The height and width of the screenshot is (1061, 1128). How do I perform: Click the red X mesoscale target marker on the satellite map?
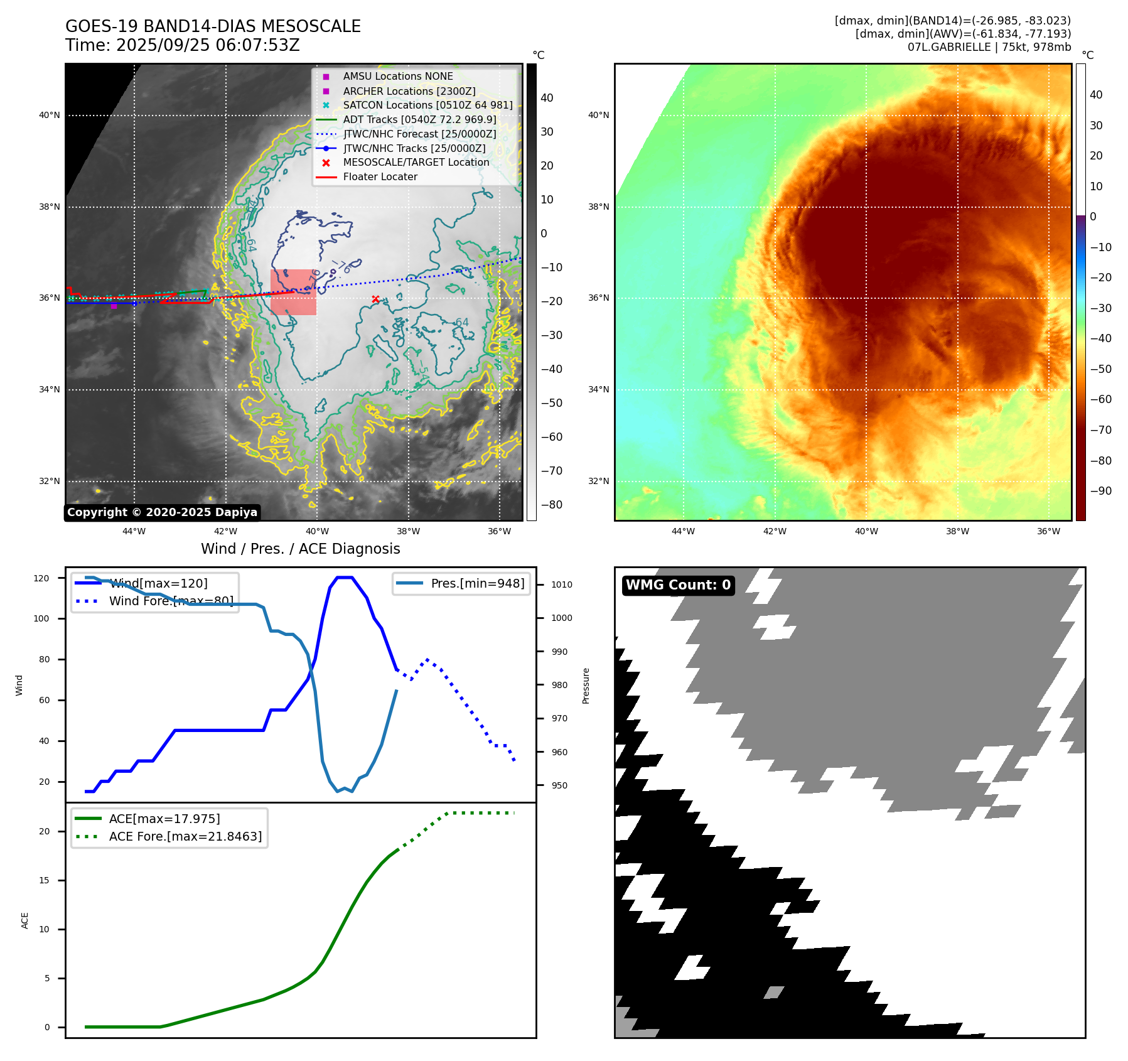[375, 299]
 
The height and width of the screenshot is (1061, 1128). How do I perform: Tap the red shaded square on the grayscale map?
[293, 292]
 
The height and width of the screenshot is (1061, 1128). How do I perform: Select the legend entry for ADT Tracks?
[419, 119]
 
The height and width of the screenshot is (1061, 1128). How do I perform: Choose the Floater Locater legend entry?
[380, 177]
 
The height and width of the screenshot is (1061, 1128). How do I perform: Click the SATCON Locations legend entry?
[427, 105]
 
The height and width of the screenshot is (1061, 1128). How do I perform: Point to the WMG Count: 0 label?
[678, 585]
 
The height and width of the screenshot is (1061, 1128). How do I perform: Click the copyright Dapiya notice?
[162, 512]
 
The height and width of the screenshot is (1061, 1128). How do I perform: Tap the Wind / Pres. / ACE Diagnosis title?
[300, 549]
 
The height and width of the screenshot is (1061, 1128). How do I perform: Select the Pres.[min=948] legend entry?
[477, 583]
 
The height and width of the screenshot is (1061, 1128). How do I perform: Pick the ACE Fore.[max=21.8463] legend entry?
[185, 836]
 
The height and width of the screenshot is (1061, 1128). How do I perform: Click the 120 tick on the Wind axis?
[41, 578]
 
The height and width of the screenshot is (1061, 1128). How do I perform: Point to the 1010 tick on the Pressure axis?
[562, 584]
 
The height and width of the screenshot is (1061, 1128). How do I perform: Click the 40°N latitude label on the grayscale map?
[50, 116]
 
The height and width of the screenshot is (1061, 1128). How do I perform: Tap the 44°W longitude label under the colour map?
[683, 531]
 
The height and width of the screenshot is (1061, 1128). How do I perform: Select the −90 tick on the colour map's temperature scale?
[1100, 491]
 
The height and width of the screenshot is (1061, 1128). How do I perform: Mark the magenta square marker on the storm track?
[114, 306]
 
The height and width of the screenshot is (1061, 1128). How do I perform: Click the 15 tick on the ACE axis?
[44, 880]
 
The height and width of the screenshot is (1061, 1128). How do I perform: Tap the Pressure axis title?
[586, 686]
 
